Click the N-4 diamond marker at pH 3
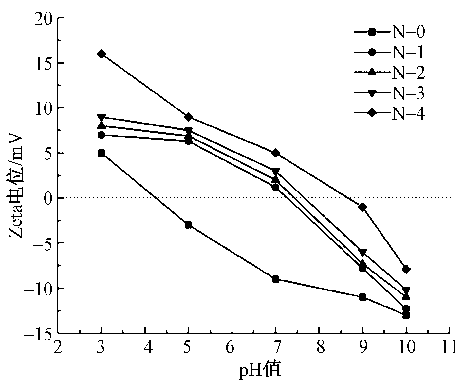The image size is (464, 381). (102, 54)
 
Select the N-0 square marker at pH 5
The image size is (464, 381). (188, 225)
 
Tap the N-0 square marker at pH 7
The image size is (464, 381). (275, 279)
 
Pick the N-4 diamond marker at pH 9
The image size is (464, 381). (362, 207)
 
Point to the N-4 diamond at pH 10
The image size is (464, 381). (406, 269)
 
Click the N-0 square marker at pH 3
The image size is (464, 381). (102, 153)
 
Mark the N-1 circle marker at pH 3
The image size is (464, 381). (102, 135)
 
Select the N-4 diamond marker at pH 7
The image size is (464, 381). (275, 153)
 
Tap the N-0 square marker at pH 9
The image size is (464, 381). (362, 297)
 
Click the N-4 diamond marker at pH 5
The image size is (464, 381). (188, 117)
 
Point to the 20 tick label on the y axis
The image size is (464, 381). (44, 18)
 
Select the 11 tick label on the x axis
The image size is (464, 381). (449, 347)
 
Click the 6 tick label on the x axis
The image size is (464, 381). (232, 347)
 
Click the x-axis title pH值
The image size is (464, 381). (260, 371)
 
